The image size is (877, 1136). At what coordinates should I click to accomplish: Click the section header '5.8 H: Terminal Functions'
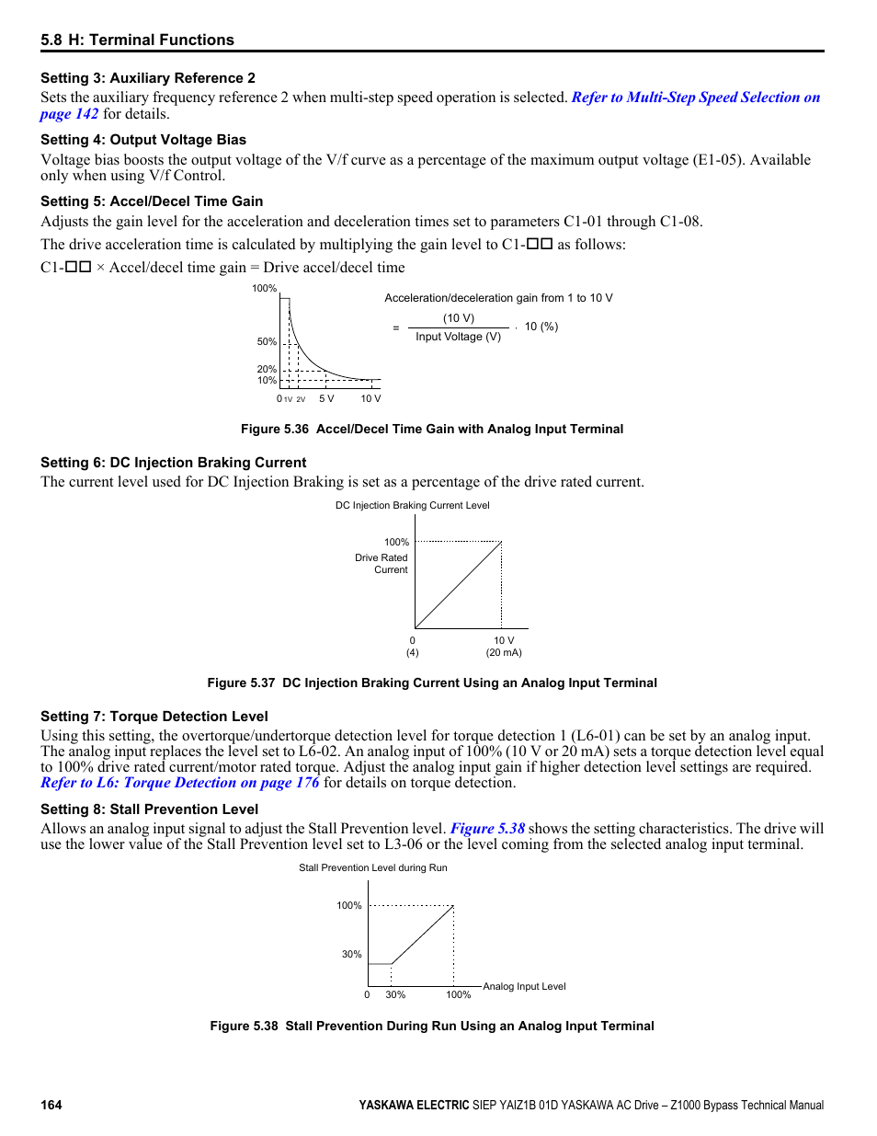[x=137, y=40]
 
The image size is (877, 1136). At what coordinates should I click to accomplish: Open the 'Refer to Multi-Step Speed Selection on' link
[x=695, y=98]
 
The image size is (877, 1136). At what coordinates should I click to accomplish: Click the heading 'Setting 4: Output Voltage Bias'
[x=143, y=140]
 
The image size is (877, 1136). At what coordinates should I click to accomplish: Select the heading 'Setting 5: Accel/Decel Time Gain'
[x=152, y=201]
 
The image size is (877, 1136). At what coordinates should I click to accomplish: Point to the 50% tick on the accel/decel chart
[x=267, y=341]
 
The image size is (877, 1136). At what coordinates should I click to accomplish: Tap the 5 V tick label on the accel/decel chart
[x=326, y=398]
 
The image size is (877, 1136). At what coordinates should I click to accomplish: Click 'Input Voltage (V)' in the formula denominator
[x=458, y=337]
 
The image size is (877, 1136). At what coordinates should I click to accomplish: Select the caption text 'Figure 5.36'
[x=274, y=430]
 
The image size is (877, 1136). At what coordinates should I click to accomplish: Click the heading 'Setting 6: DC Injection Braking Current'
[x=174, y=463]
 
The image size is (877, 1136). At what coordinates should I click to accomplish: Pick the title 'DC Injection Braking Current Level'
[x=412, y=505]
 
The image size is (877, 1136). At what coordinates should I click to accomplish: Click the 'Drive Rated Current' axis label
[x=382, y=564]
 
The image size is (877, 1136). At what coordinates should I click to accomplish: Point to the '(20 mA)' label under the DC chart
[x=504, y=653]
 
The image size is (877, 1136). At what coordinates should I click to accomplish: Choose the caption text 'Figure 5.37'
[x=241, y=683]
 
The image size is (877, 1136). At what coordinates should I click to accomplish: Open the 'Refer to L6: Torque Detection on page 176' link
[x=180, y=783]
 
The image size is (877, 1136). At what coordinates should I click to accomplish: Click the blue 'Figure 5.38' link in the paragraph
[x=487, y=829]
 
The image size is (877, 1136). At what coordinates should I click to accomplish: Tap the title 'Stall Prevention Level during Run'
[x=373, y=867]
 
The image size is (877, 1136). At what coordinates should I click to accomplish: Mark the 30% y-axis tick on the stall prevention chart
[x=351, y=954]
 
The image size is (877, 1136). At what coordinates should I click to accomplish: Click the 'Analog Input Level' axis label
[x=524, y=986]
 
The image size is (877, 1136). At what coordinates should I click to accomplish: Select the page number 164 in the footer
[x=51, y=1105]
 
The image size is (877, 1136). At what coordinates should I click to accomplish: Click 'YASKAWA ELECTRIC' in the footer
[x=414, y=1105]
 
